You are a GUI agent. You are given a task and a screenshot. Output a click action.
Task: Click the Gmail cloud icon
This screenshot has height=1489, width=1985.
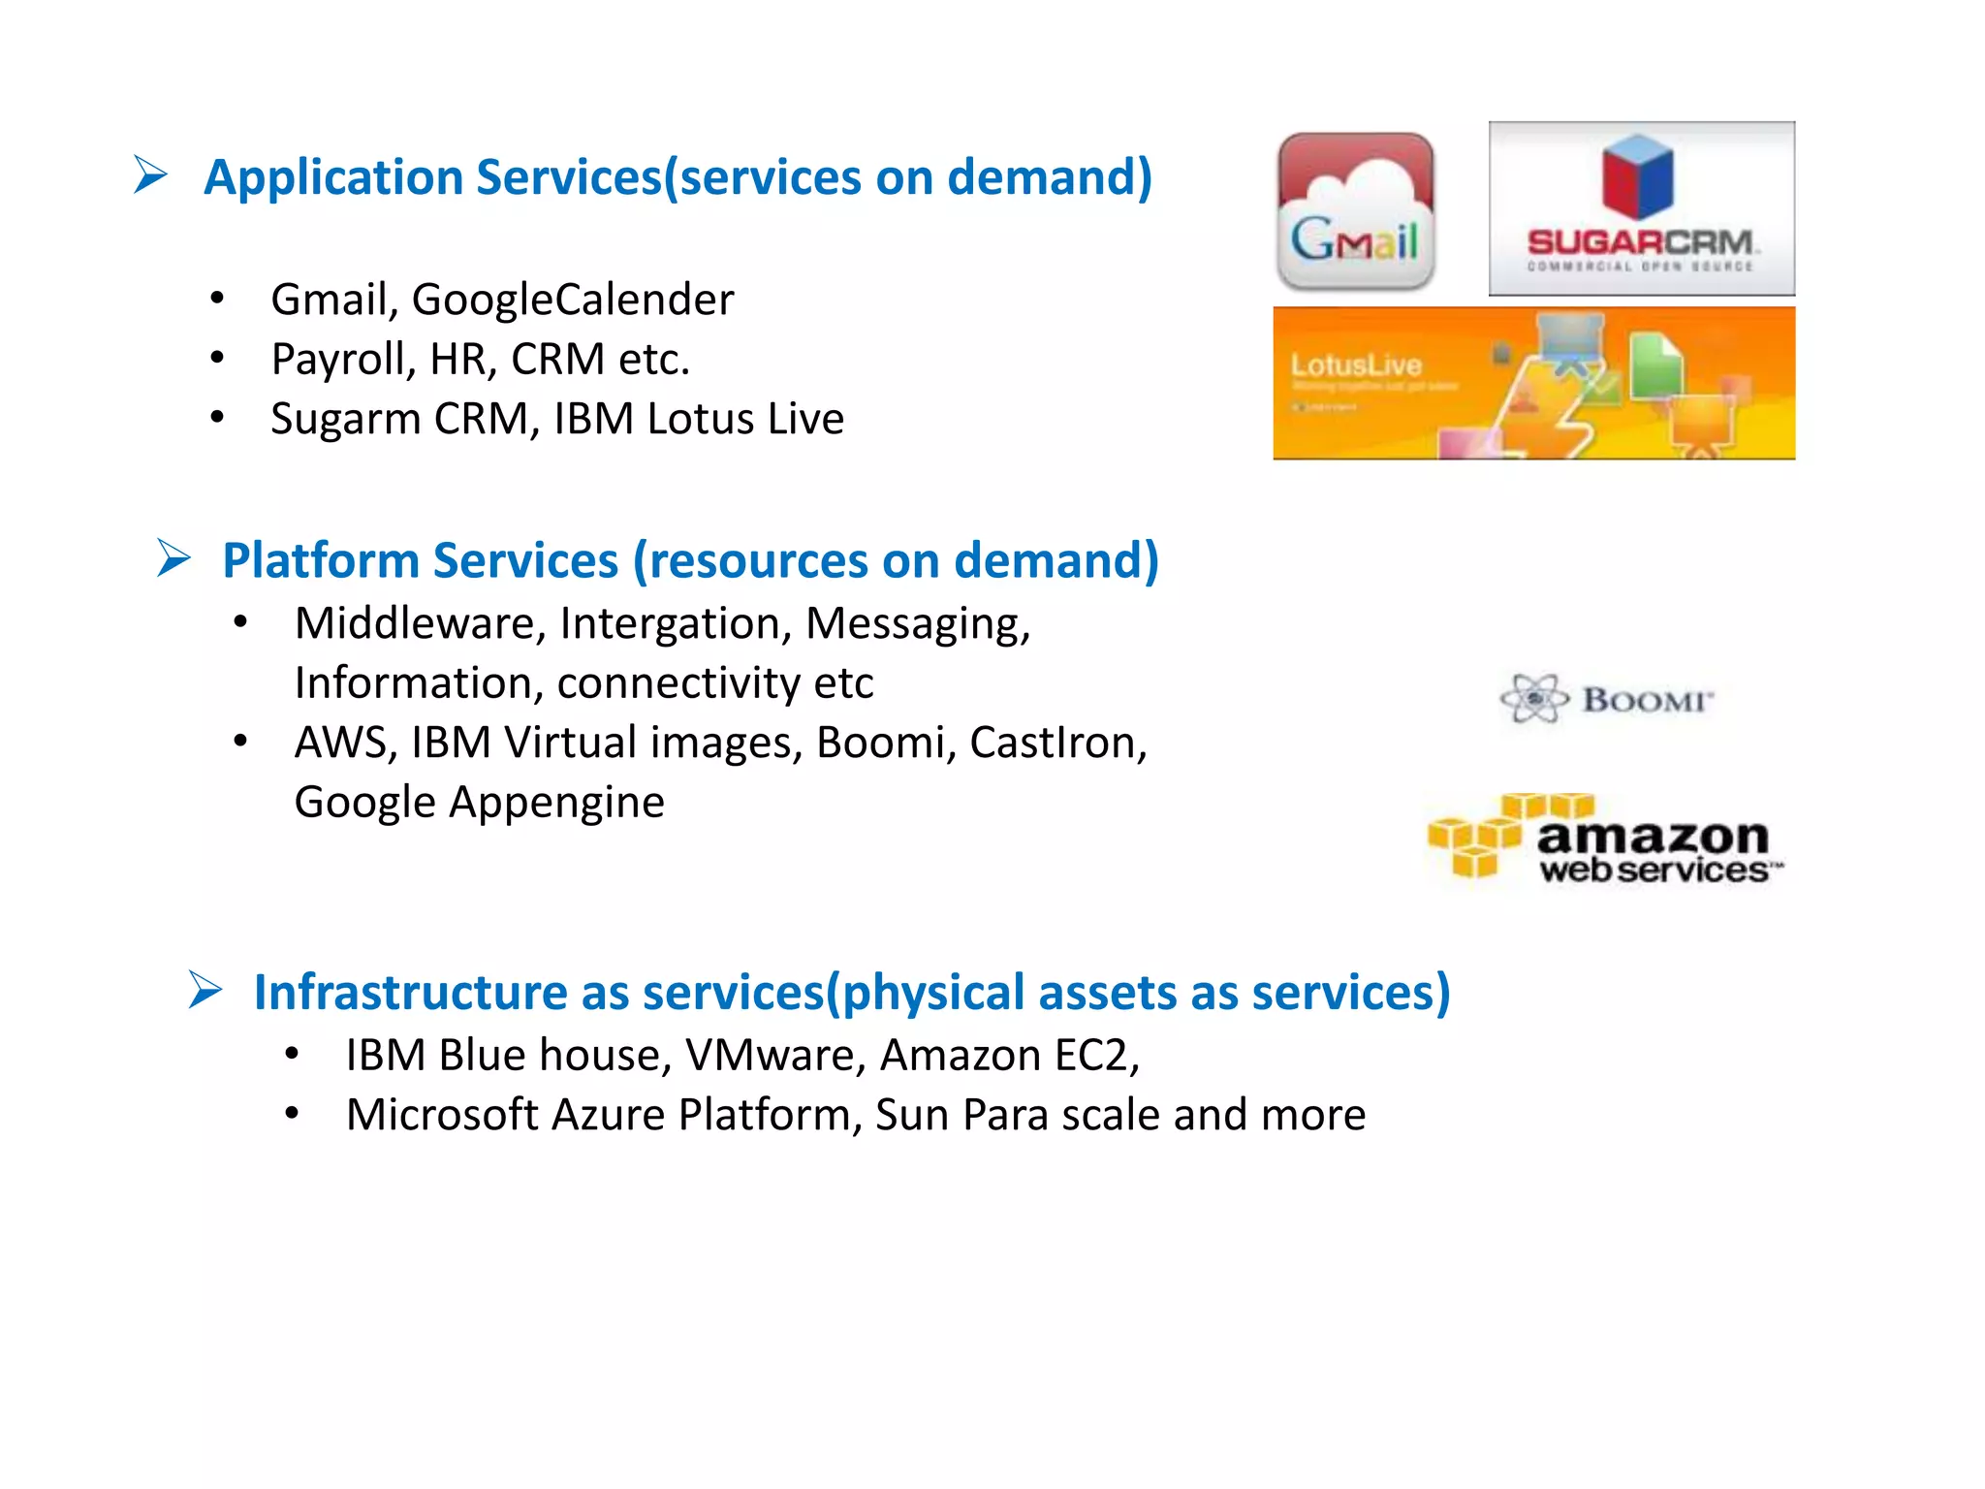click(1355, 211)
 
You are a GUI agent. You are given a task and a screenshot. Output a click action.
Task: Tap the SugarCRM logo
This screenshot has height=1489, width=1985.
click(1641, 207)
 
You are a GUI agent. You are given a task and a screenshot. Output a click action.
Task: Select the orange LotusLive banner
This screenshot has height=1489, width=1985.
click(1533, 383)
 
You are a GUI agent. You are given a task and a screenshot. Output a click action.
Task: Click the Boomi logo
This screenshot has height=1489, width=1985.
click(1607, 698)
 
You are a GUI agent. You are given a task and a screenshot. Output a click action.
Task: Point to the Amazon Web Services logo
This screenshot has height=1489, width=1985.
click(1605, 840)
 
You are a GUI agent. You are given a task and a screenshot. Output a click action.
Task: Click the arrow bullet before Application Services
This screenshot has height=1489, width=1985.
click(151, 175)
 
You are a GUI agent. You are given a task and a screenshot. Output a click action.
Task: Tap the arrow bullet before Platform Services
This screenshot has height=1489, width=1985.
click(173, 558)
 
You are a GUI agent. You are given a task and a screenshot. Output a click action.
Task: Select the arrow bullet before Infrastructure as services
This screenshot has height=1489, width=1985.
click(205, 990)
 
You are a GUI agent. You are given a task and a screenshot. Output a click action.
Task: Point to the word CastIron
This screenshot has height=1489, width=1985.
click(1057, 744)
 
